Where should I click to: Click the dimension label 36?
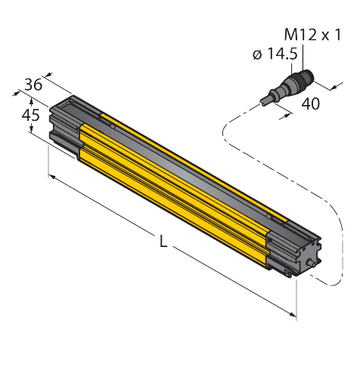33,85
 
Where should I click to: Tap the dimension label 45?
31,115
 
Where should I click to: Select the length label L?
163,242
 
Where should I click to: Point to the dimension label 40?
311,103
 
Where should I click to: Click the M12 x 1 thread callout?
312,35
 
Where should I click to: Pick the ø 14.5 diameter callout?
275,54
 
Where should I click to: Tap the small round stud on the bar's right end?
311,264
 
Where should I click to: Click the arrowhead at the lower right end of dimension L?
293,314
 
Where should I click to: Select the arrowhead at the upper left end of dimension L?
52,177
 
